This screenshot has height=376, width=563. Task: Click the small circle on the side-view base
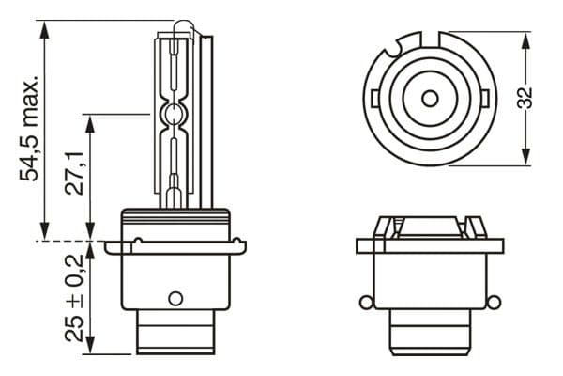174,299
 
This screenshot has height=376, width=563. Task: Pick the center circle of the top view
429,98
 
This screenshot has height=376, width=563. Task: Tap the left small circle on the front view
366,302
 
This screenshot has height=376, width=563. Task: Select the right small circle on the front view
492,302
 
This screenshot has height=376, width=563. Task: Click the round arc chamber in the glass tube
174,117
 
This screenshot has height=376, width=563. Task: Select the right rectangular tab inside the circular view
484,97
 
